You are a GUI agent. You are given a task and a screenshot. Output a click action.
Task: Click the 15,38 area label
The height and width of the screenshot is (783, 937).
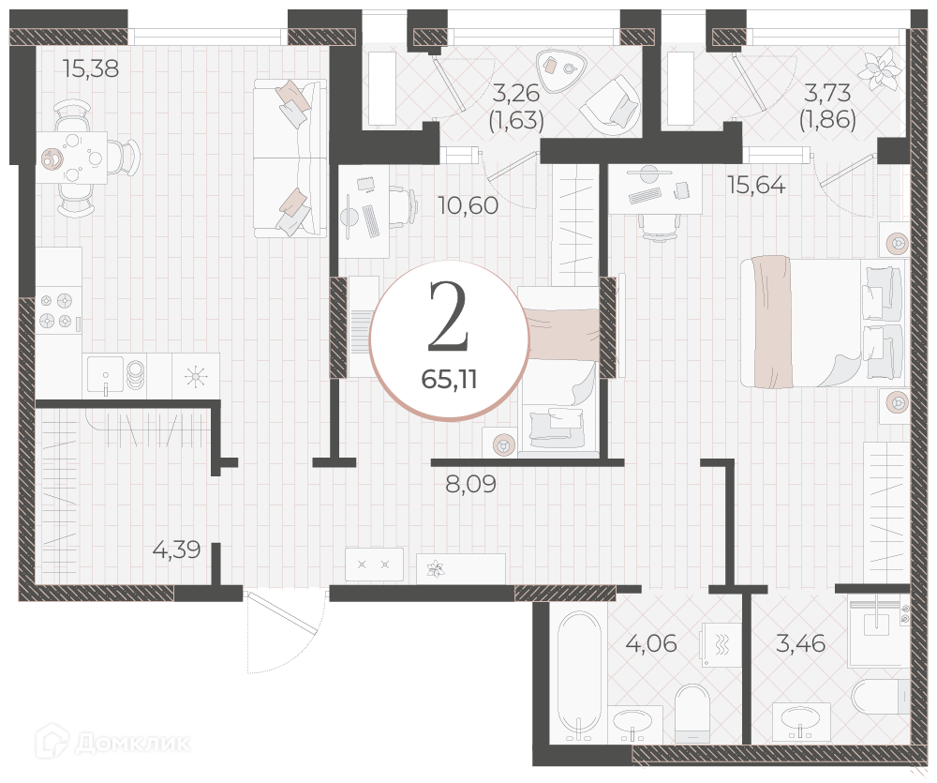(91, 69)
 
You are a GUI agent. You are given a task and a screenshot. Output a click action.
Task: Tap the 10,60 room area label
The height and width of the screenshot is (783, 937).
(468, 205)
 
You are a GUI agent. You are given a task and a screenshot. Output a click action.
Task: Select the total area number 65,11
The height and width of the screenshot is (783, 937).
(449, 379)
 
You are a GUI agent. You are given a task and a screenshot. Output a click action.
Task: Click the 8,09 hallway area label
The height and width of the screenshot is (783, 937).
(471, 484)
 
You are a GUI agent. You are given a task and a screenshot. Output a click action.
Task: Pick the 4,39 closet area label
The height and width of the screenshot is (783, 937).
(176, 550)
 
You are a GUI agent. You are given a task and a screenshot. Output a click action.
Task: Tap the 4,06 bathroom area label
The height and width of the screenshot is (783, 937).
(651, 643)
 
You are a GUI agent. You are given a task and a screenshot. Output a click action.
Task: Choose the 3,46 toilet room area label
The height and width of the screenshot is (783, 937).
(801, 643)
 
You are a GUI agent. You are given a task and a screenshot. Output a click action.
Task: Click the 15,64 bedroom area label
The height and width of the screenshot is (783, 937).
(756, 186)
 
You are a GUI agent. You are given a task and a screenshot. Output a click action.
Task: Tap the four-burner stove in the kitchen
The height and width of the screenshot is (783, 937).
(59, 311)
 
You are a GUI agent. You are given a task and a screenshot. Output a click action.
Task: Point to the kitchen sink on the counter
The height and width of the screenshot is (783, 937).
(106, 375)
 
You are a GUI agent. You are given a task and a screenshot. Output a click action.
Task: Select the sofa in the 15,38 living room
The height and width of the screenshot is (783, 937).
(290, 158)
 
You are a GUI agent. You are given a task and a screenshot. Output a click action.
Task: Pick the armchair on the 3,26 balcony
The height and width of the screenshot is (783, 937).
(611, 106)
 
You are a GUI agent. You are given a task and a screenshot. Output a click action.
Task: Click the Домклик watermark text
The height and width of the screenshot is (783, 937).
(113, 743)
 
